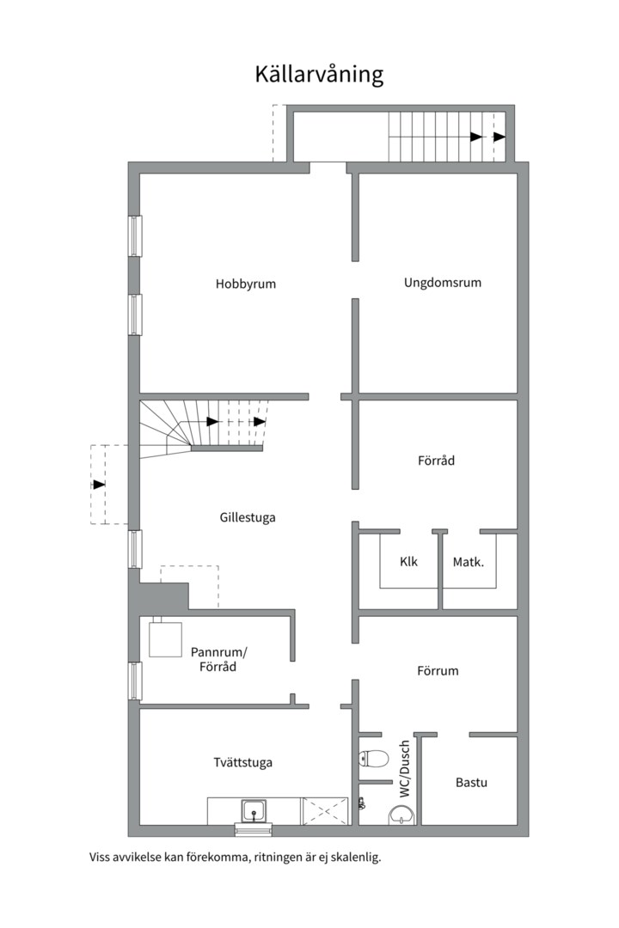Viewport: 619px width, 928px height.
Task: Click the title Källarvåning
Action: (319, 75)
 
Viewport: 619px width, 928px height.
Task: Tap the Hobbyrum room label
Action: (246, 284)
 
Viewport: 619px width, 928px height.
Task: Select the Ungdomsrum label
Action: (443, 283)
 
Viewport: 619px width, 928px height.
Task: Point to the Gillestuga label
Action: (248, 518)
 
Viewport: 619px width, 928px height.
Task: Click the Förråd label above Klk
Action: (437, 461)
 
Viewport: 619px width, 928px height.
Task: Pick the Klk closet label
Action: (408, 561)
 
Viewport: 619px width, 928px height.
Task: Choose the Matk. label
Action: (469, 562)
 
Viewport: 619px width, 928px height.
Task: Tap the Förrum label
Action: (438, 670)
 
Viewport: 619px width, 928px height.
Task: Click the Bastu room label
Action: (471, 783)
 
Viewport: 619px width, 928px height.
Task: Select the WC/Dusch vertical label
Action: (405, 769)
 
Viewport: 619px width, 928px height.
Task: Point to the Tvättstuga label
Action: (242, 762)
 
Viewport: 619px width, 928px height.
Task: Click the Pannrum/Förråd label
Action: (218, 659)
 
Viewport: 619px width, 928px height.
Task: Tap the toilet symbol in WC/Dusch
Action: (374, 758)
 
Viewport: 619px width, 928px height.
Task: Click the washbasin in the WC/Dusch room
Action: (401, 815)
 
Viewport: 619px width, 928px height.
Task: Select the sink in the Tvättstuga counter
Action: (254, 811)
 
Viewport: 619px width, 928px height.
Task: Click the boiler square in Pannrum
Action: (165, 639)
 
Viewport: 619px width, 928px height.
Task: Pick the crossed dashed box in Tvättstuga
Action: (325, 811)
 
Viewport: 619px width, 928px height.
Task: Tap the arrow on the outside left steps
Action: (99, 485)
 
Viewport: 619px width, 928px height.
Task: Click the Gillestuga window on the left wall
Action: (136, 549)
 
